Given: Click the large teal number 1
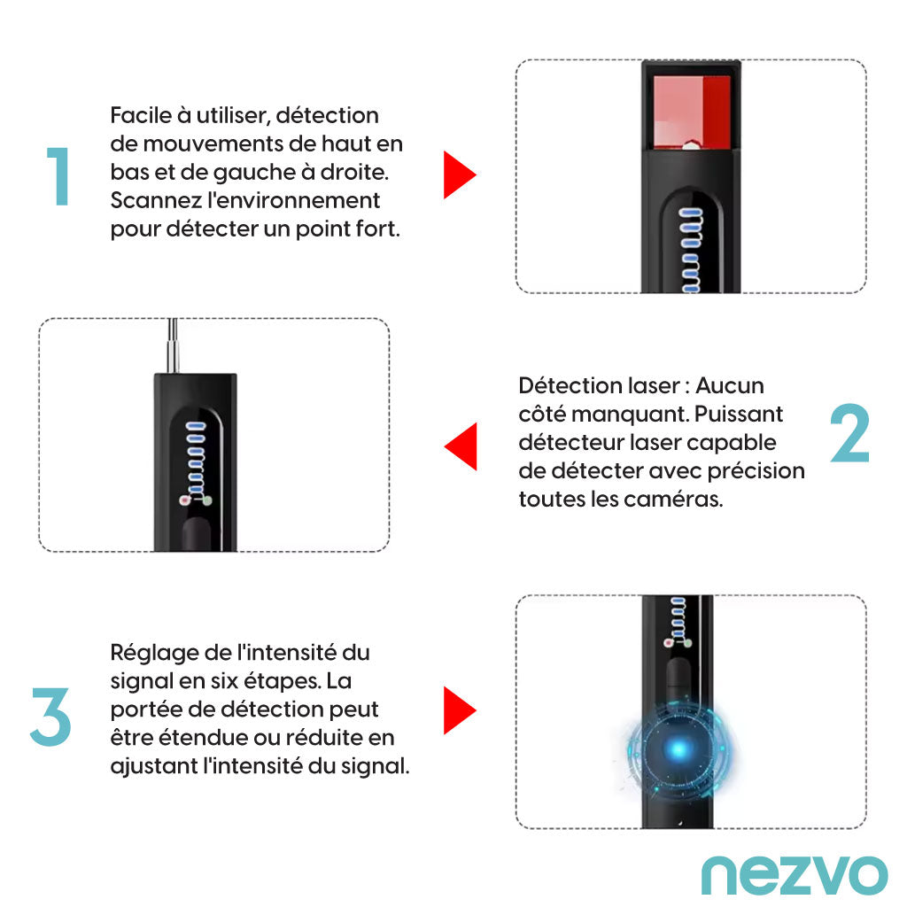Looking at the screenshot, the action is click(58, 176).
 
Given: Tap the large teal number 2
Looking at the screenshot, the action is click(849, 432).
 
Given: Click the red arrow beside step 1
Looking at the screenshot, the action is click(460, 174).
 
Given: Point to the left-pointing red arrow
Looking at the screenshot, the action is click(461, 446).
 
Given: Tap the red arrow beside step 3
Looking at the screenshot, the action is click(460, 710).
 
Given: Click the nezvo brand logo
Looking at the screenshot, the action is click(795, 876).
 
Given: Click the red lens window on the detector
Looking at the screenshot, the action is click(692, 112).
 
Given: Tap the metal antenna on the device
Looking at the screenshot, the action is click(173, 345).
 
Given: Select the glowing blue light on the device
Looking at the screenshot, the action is click(679, 749).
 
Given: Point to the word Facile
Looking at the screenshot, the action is click(141, 115).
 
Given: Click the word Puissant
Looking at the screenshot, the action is click(738, 414).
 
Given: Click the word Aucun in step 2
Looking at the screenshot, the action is click(730, 385).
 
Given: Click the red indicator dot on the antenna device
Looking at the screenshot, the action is click(185, 500).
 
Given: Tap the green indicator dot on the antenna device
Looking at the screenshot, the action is click(207, 500).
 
